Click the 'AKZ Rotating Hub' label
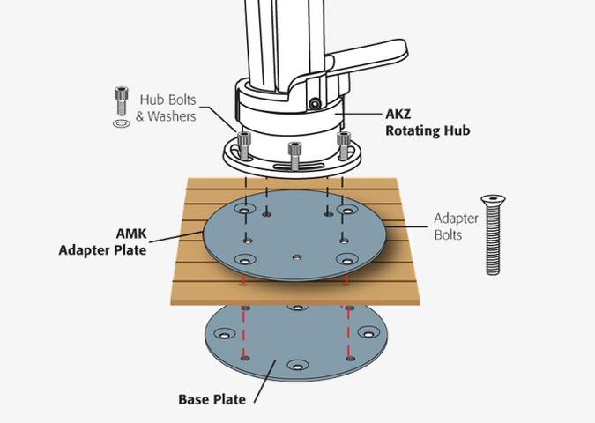[428, 122]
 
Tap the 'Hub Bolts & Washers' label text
[166, 108]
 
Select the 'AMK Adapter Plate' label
[102, 241]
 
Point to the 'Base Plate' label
[212, 399]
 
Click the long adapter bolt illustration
[493, 234]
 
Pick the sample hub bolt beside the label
[121, 101]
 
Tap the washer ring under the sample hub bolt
[122, 123]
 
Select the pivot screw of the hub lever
[314, 104]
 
